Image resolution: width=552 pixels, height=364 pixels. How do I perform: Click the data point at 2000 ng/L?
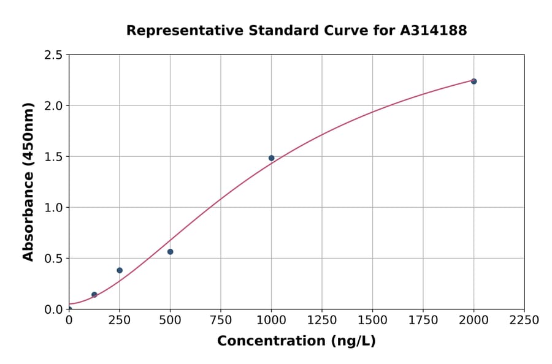pyautogui.click(x=473, y=82)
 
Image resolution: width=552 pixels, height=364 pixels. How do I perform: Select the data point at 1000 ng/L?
pyautogui.click(x=271, y=158)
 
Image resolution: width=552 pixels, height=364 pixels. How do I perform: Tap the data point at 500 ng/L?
pyautogui.click(x=170, y=252)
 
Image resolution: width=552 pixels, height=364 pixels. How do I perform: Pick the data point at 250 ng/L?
pyautogui.click(x=120, y=270)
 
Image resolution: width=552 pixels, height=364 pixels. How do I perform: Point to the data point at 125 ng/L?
pyautogui.click(x=94, y=295)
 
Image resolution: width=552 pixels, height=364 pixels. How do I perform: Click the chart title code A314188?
pyautogui.click(x=434, y=31)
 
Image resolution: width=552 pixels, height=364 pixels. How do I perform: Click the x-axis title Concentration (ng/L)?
pyautogui.click(x=296, y=341)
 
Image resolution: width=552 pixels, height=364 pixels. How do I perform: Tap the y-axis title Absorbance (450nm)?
pyautogui.click(x=28, y=182)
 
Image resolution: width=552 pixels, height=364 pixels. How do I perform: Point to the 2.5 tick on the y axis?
pyautogui.click(x=53, y=55)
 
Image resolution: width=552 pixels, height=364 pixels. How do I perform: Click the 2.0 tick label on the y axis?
pyautogui.click(x=53, y=106)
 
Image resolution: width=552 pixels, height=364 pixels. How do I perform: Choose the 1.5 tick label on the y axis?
pyautogui.click(x=53, y=157)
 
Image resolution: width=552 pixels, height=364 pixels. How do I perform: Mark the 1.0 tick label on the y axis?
pyautogui.click(x=53, y=208)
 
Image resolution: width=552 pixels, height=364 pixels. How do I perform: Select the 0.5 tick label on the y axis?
pyautogui.click(x=53, y=259)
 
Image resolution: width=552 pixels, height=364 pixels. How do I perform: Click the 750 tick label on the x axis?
pyautogui.click(x=221, y=320)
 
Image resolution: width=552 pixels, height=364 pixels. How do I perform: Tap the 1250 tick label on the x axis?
pyautogui.click(x=322, y=320)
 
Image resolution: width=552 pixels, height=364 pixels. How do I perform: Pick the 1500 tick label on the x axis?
pyautogui.click(x=372, y=320)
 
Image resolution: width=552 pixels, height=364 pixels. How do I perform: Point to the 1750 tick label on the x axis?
pyautogui.click(x=423, y=320)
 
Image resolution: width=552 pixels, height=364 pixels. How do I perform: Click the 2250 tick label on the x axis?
pyautogui.click(x=524, y=320)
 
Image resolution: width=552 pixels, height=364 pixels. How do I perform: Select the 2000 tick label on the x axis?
pyautogui.click(x=473, y=320)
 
